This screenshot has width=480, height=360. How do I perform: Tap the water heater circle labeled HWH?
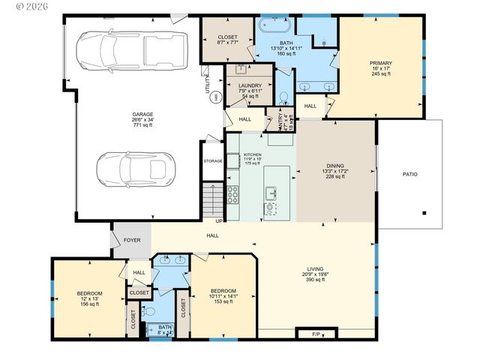click(217, 96)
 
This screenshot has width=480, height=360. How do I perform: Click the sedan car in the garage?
click(136, 169)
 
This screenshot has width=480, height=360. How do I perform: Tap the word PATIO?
click(409, 175)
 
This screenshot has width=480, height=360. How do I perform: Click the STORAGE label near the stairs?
click(213, 161)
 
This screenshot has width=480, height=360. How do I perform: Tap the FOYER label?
click(132, 241)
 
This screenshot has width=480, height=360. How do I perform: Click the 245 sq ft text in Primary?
click(381, 74)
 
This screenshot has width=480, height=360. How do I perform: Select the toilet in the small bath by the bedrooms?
click(150, 311)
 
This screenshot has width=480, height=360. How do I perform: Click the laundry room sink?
click(241, 70)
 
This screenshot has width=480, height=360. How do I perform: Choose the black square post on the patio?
click(424, 212)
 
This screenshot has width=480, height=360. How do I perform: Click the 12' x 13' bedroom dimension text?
click(89, 299)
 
